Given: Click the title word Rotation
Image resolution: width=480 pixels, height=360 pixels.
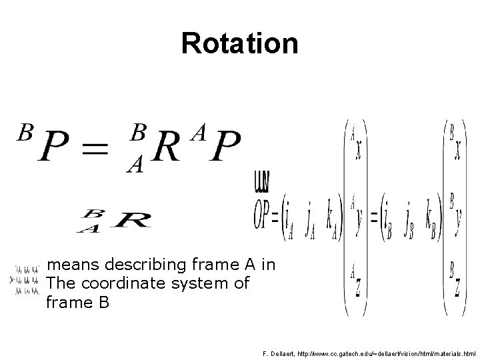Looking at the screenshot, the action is [239, 43].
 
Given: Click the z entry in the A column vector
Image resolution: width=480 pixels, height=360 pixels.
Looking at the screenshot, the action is [358, 287].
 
